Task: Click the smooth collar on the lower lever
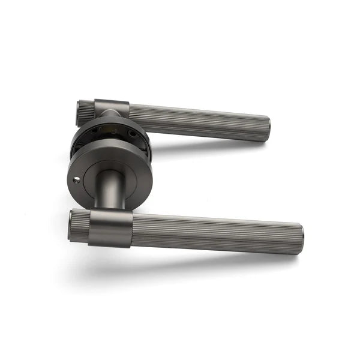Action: point(110,228)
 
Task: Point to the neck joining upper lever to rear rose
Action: point(110,118)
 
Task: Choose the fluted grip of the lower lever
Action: point(216,231)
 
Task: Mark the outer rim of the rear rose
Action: point(74,142)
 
